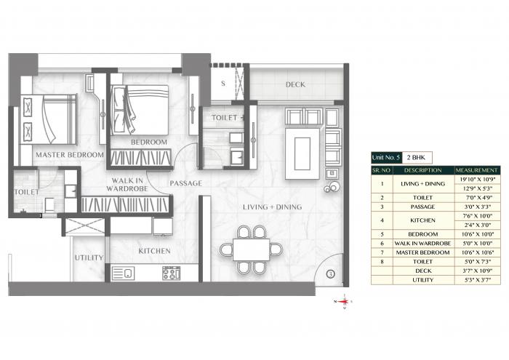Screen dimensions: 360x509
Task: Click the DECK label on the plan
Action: click(x=294, y=85)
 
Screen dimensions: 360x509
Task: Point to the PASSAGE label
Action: click(x=185, y=183)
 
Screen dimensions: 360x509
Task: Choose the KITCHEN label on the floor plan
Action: click(x=154, y=251)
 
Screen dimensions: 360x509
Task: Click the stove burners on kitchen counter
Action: click(x=171, y=274)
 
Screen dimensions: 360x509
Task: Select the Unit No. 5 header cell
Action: click(x=386, y=157)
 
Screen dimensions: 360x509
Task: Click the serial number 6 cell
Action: click(x=382, y=243)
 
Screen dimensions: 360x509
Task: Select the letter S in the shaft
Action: click(x=222, y=84)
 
